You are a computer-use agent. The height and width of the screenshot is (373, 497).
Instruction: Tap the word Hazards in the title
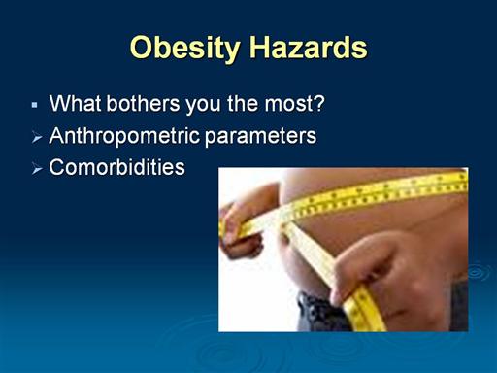coord(309,48)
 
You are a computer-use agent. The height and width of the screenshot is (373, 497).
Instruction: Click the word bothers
coord(143,103)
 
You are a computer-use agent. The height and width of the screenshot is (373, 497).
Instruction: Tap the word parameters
coord(260,137)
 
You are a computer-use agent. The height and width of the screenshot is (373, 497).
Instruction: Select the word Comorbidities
coord(116,167)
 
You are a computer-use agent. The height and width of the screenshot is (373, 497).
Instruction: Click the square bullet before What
coord(35,105)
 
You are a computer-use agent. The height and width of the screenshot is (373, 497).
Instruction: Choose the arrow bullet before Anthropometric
coord(37,138)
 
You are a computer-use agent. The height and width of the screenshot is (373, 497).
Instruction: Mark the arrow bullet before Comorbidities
coord(37,169)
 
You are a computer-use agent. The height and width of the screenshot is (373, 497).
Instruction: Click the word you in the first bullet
coord(203,106)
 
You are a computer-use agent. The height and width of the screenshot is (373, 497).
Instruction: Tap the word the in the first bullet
coord(243,103)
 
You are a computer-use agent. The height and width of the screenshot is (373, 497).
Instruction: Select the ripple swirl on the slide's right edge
coord(479,271)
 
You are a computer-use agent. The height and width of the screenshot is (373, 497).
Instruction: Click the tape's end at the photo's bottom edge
coord(371,327)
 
